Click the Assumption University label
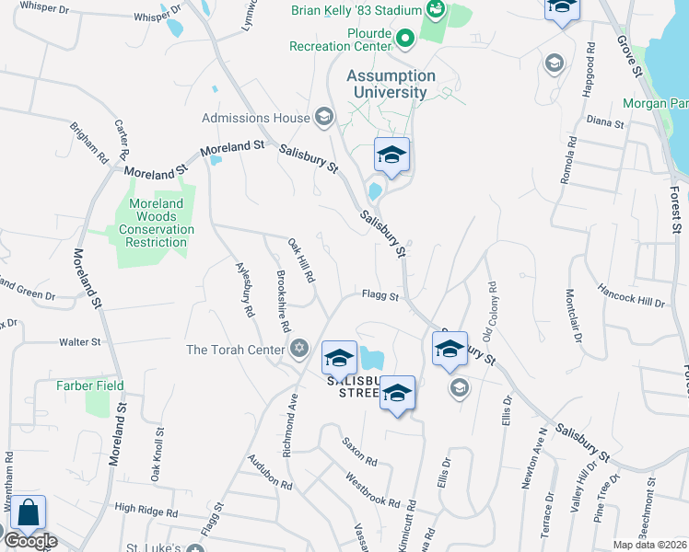click(391, 84)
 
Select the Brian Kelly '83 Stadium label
click(356, 10)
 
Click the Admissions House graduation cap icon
click(323, 117)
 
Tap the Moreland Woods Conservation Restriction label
click(155, 224)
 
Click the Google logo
click(30, 541)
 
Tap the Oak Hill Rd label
click(302, 261)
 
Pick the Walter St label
click(79, 342)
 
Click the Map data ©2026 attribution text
click(649, 545)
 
